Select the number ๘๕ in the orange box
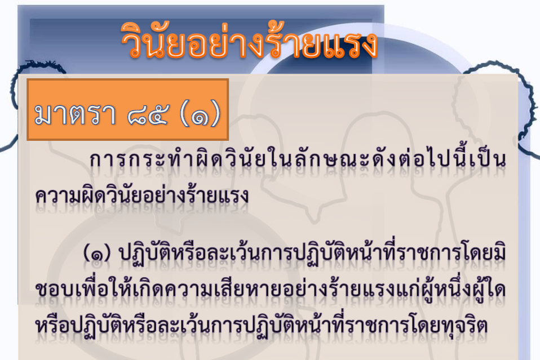pyautogui.click(x=148, y=114)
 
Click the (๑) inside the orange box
pyautogui.click(x=200, y=114)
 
